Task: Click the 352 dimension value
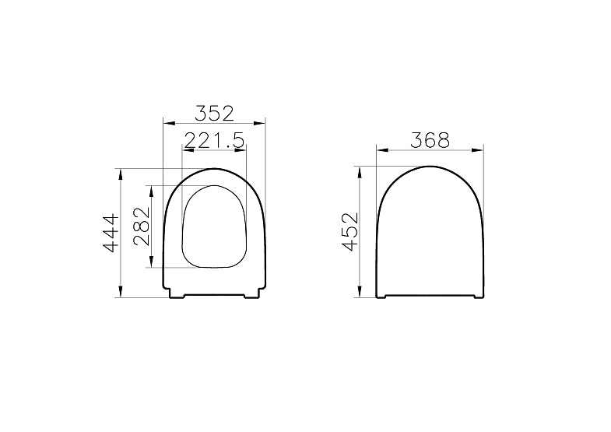pos(214,113)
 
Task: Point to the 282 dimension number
pos(141,227)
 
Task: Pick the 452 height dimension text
pos(349,231)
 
